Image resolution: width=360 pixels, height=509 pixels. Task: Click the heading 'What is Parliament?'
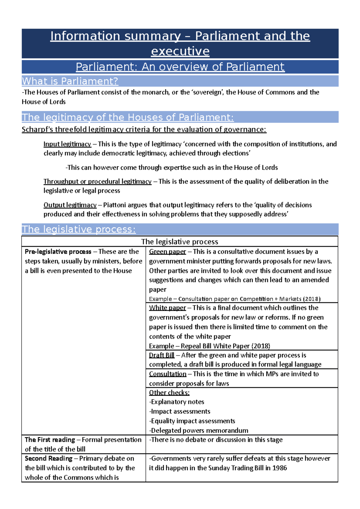(70, 81)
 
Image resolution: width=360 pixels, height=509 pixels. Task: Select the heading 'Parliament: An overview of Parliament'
(180, 67)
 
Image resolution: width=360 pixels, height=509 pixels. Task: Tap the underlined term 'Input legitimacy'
(67, 144)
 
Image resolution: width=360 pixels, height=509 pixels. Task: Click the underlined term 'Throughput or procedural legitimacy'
(97, 182)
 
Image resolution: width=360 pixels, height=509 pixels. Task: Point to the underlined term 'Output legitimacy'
(70, 205)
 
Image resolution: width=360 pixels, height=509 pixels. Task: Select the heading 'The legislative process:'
(79, 229)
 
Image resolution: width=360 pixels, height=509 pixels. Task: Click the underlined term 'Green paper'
(167, 252)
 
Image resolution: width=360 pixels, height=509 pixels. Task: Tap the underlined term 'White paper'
(167, 308)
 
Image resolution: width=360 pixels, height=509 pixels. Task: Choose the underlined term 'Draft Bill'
(162, 355)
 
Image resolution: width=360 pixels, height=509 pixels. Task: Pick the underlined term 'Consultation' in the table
(168, 374)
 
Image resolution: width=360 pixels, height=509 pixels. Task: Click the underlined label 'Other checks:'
(169, 393)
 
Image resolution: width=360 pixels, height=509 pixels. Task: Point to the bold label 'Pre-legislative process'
(58, 252)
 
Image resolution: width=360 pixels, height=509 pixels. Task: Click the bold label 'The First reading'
(50, 440)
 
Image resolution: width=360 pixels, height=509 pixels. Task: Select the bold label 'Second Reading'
(49, 459)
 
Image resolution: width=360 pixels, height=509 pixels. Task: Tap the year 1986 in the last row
(280, 468)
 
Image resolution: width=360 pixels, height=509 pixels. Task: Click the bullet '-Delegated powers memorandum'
(199, 431)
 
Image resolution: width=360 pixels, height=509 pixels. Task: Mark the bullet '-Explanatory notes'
(177, 402)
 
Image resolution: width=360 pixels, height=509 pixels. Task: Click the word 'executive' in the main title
(180, 51)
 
